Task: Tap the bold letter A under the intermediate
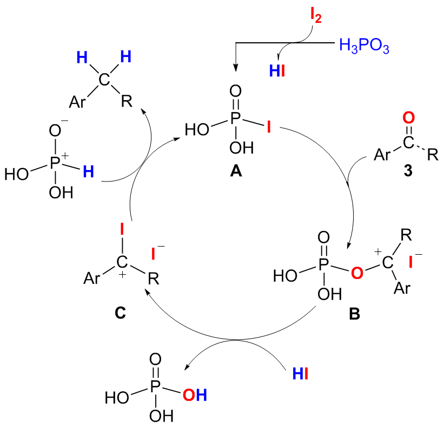(x=236, y=172)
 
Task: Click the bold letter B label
(x=354, y=313)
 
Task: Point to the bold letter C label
(x=121, y=312)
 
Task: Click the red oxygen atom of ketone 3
(x=409, y=117)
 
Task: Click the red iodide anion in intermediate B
(x=412, y=262)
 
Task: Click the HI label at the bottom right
(x=300, y=373)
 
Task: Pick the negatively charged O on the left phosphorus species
(x=54, y=130)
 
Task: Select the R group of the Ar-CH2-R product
(x=126, y=101)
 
